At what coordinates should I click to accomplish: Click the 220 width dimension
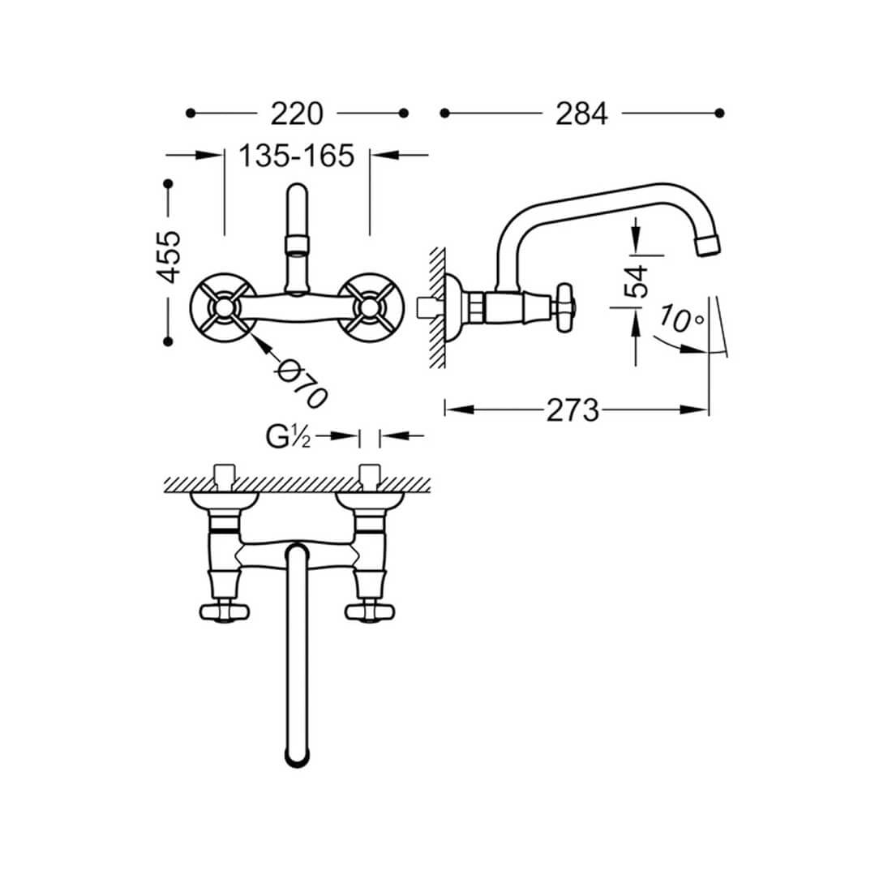click(x=297, y=114)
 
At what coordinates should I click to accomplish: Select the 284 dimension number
click(x=581, y=114)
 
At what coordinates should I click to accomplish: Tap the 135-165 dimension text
click(x=297, y=155)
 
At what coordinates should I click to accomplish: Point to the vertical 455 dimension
click(x=169, y=257)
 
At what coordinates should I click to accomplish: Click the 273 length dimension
click(x=573, y=410)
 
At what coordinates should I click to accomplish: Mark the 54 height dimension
click(x=637, y=281)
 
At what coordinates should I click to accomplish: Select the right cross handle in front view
click(x=370, y=307)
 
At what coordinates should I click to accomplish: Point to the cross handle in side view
click(x=564, y=307)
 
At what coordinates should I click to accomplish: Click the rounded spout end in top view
click(x=296, y=756)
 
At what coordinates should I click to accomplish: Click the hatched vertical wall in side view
click(x=436, y=308)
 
